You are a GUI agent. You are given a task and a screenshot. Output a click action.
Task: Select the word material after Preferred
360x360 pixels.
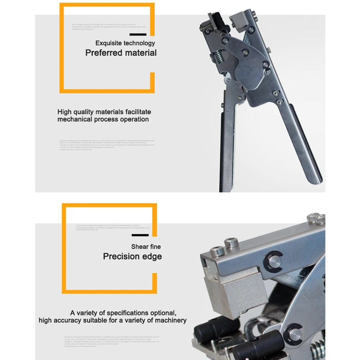140,53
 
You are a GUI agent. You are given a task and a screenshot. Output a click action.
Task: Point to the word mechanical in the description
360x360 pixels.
75,120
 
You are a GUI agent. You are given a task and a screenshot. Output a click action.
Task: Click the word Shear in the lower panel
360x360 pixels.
139,247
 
